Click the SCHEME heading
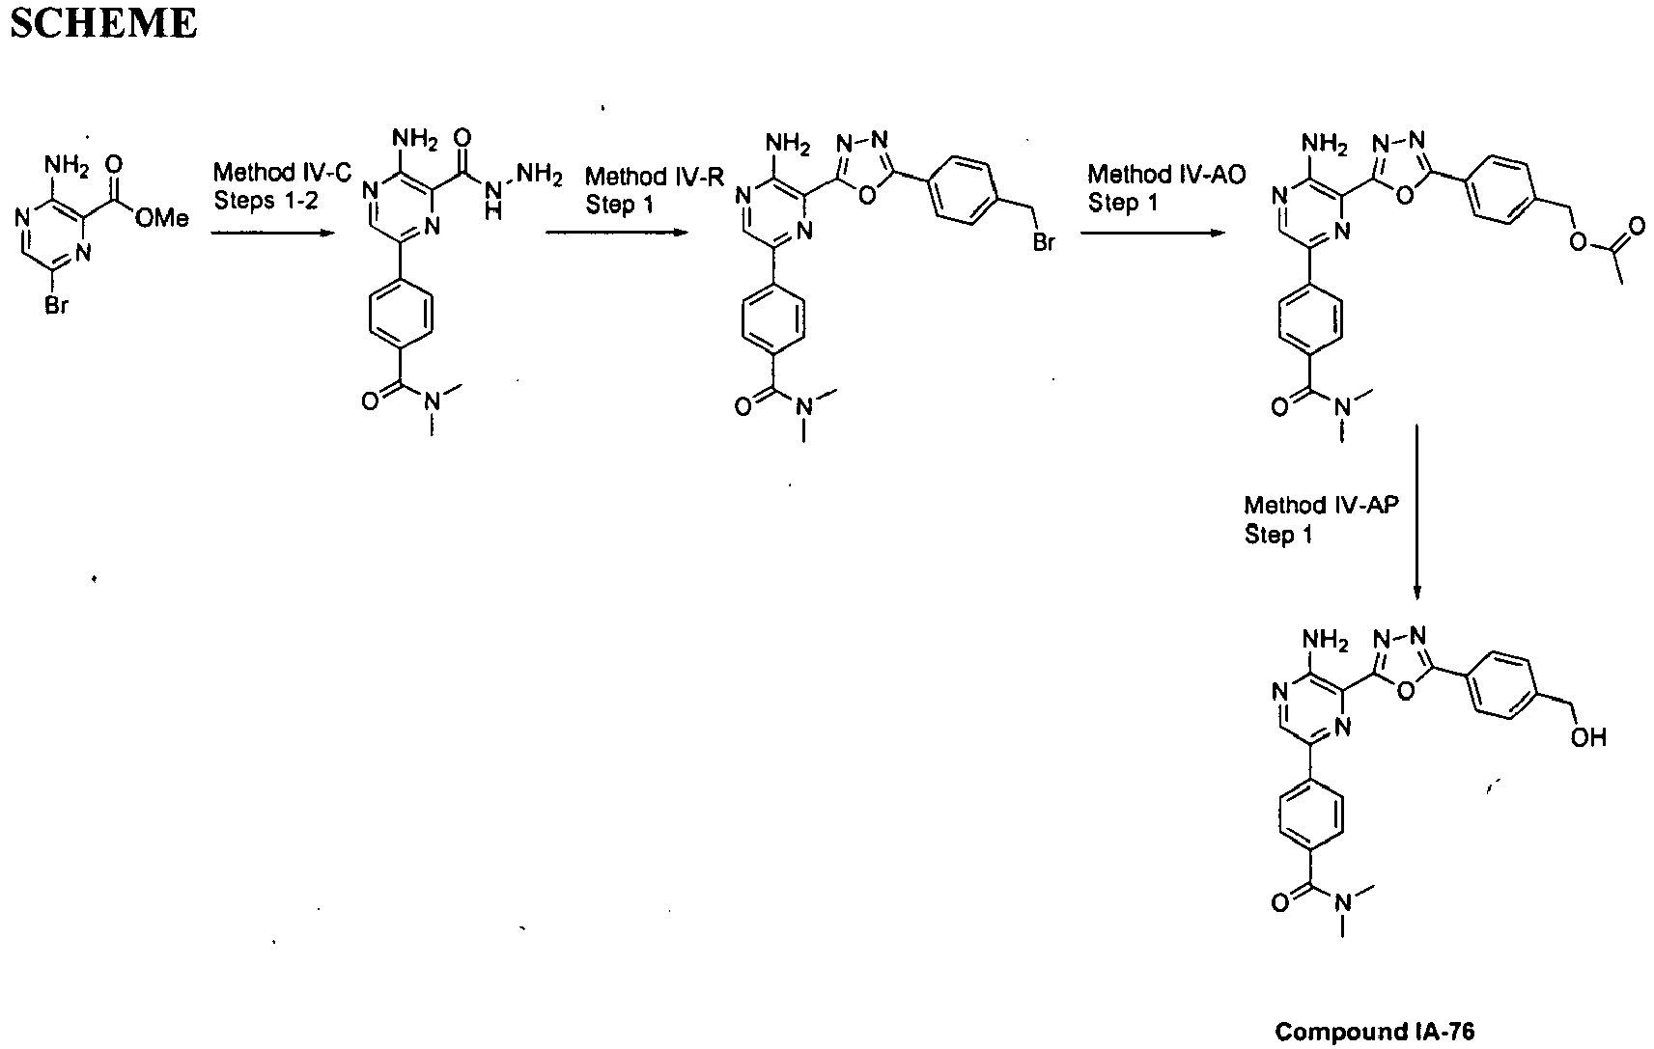103,22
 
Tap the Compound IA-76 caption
1374,1031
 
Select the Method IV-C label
283,172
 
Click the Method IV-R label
655,177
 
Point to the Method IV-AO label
1166,175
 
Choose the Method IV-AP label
1321,505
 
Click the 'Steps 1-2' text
266,201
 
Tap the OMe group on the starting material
162,218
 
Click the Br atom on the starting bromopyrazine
57,305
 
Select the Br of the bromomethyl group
1044,241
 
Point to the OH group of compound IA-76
1588,736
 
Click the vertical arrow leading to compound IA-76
1416,511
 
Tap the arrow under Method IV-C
272,234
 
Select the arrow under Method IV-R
616,234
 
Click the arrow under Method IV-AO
1153,234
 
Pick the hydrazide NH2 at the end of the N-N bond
539,175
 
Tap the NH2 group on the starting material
67,166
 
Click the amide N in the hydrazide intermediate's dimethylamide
433,401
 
